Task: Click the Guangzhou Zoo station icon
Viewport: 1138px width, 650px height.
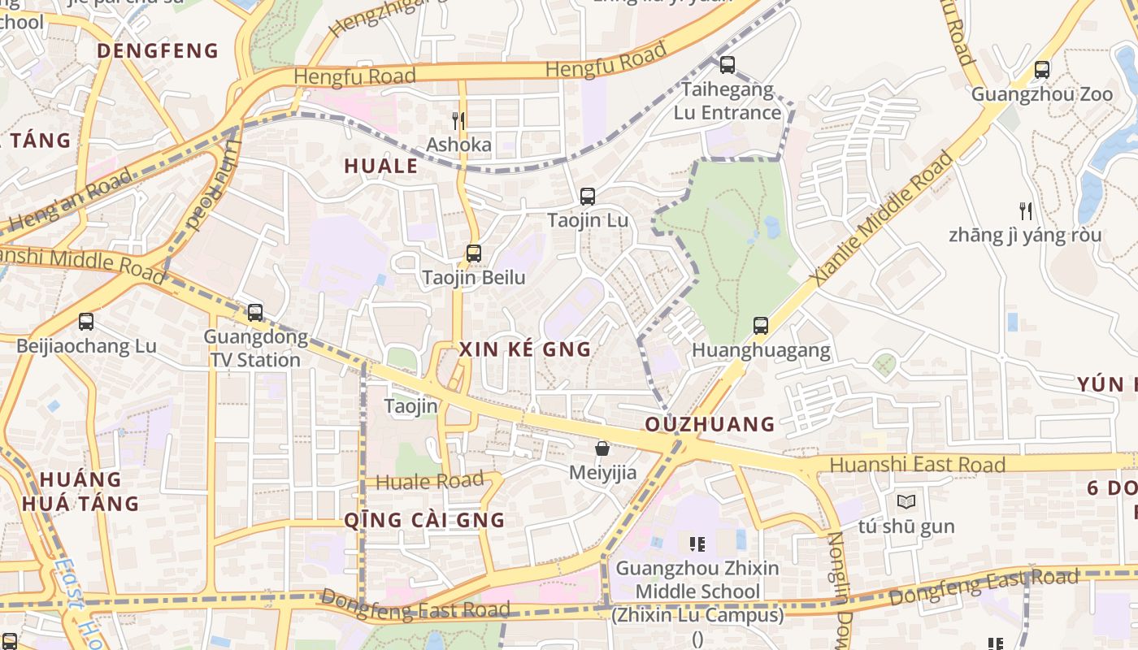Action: pyautogui.click(x=1042, y=70)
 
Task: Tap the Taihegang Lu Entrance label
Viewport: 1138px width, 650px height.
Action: pyautogui.click(x=727, y=101)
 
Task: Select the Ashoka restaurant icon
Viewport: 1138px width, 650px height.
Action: pyautogui.click(x=458, y=121)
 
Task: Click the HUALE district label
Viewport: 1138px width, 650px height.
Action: pyautogui.click(x=380, y=167)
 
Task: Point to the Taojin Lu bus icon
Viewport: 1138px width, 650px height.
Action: pyautogui.click(x=587, y=197)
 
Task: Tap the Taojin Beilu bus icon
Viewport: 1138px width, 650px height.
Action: pyautogui.click(x=474, y=253)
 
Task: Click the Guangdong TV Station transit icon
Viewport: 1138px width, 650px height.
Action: pyautogui.click(x=255, y=313)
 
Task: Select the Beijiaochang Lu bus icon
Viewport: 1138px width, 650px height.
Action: pyautogui.click(x=86, y=322)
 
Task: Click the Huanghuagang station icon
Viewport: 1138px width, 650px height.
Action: pyautogui.click(x=761, y=326)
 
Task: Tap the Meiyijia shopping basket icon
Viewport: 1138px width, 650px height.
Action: pyautogui.click(x=602, y=448)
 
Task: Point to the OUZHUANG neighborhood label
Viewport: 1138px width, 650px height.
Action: pyautogui.click(x=710, y=424)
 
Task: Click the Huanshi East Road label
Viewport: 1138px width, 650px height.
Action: pyautogui.click(x=918, y=465)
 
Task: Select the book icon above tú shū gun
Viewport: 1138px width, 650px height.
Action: pyautogui.click(x=906, y=502)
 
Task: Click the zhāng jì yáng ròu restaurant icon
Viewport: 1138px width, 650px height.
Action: pyautogui.click(x=1026, y=211)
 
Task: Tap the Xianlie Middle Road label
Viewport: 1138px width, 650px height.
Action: pyautogui.click(x=882, y=218)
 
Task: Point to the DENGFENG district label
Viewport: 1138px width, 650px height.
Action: pyautogui.click(x=158, y=51)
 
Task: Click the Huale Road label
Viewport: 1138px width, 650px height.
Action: pyautogui.click(x=429, y=481)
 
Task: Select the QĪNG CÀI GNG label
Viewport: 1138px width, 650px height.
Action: pyautogui.click(x=424, y=520)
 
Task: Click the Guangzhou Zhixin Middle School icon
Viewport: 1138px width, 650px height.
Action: pyautogui.click(x=697, y=544)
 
